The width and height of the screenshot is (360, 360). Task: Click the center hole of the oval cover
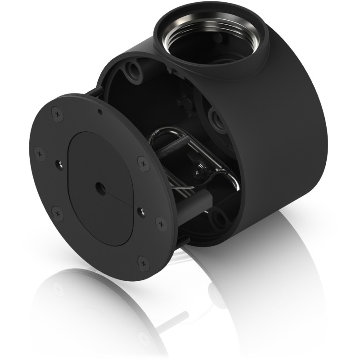(x=98, y=185)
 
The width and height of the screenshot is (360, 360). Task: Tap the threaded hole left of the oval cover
(x=58, y=164)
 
